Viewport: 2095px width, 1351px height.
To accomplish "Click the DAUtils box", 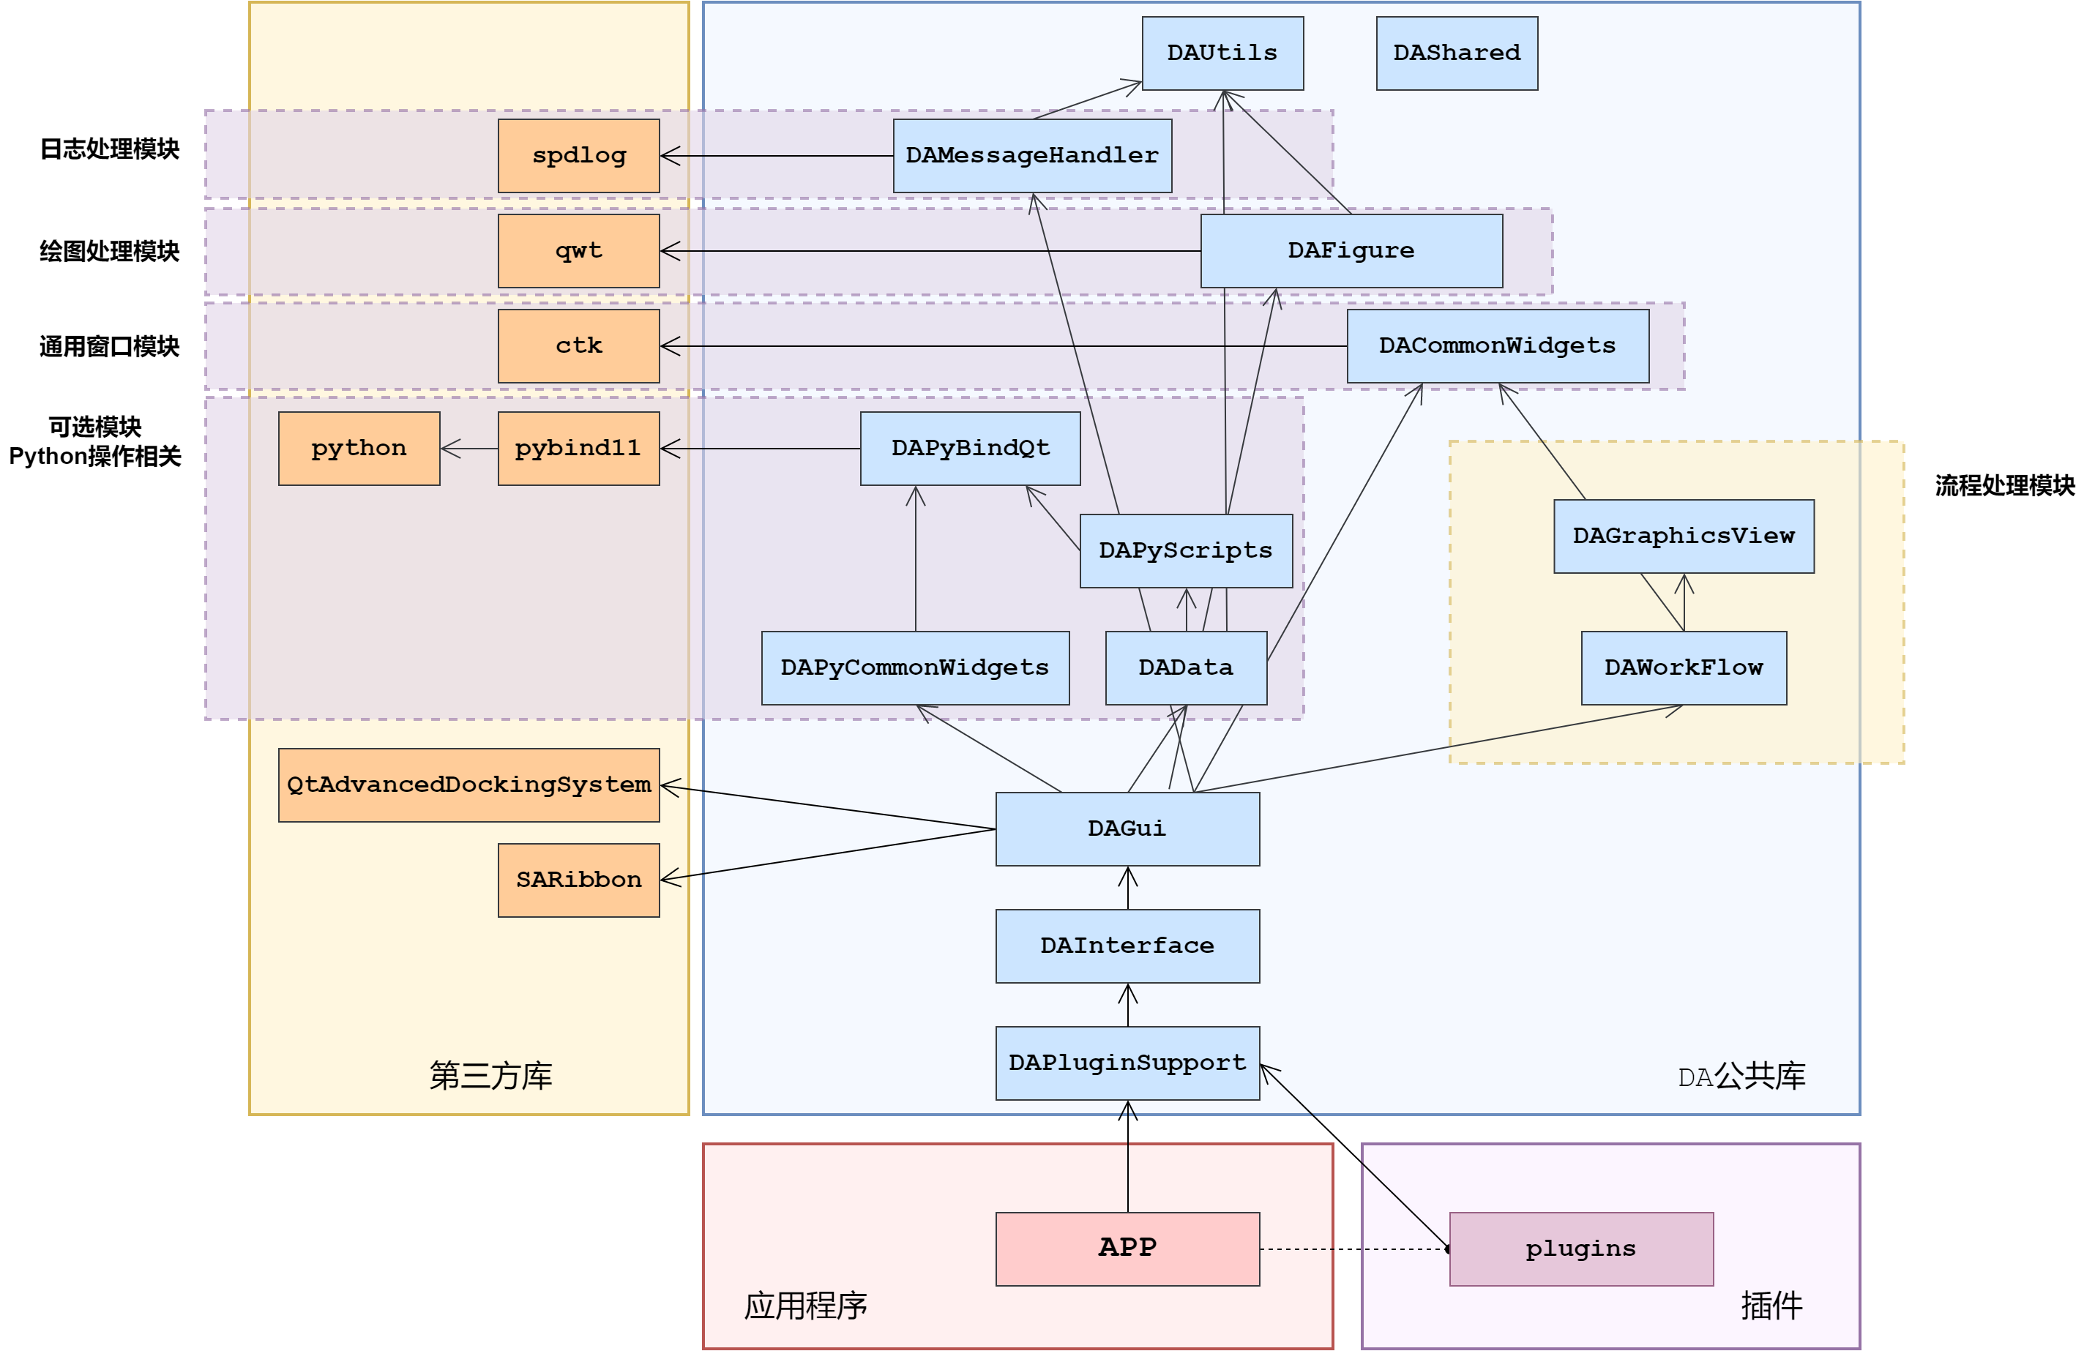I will coord(1222,53).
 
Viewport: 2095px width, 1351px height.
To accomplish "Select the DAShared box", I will coord(1456,53).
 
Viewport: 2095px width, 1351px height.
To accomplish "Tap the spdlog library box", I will coord(578,156).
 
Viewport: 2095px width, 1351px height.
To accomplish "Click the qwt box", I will coord(578,251).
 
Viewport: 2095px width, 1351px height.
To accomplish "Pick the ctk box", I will coord(578,345).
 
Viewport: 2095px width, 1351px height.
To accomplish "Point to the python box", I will coord(359,449).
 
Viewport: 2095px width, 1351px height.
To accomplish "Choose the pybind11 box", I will coord(578,449).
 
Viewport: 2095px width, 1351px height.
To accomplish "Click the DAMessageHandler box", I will coord(1031,156).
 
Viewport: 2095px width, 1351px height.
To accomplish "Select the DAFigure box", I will coord(1351,251).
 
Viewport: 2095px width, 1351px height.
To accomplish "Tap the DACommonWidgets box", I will coord(1498,345).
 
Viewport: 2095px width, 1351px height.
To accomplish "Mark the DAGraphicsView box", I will coord(1683,536).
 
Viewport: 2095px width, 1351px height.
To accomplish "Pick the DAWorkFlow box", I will coord(1683,667).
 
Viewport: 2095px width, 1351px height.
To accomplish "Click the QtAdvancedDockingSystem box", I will coord(468,785).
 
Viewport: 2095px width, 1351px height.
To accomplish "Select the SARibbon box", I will coord(578,880).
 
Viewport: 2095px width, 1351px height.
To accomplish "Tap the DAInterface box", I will coord(1127,946).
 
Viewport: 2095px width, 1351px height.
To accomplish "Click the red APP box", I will coord(1127,1249).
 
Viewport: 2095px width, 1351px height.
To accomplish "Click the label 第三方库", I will coord(490,1076).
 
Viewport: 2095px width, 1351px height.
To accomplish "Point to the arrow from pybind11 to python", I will coord(469,449).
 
